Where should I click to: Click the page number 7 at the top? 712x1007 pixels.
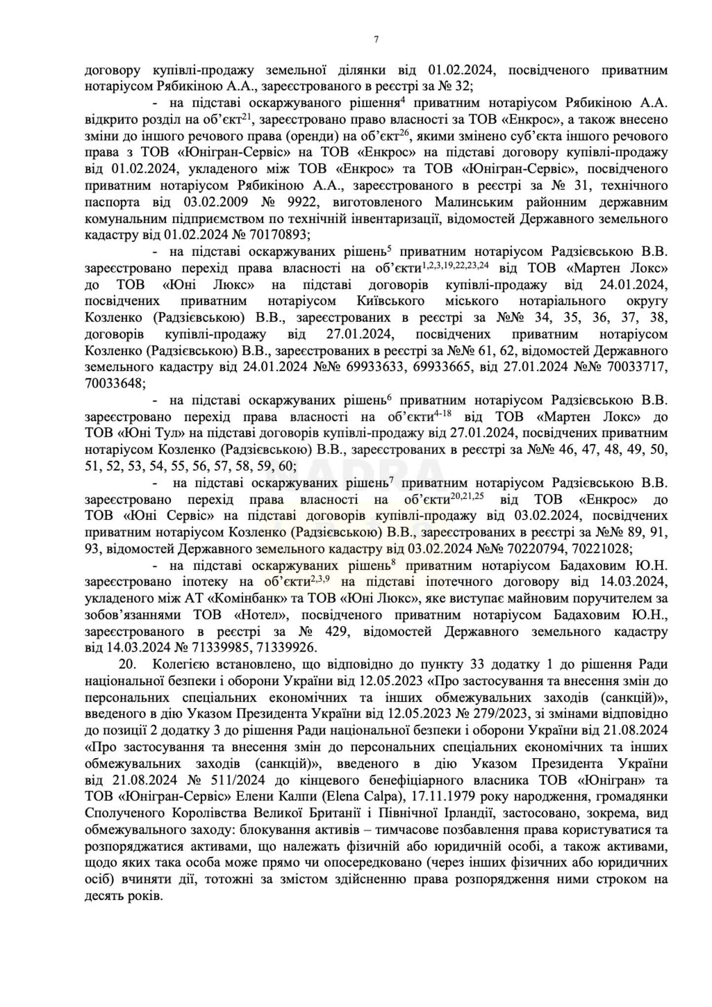point(376,39)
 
